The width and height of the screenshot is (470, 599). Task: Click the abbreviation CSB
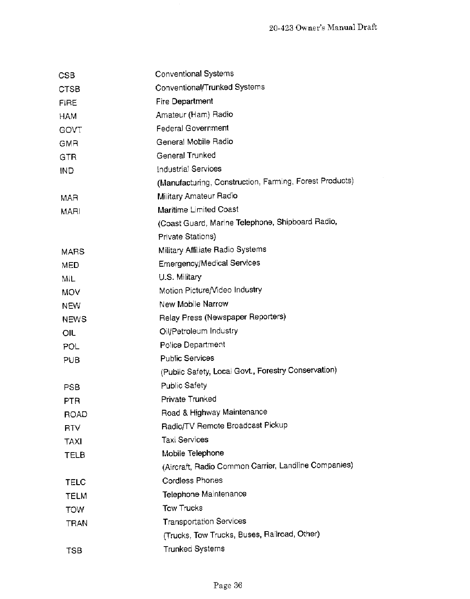coord(67,76)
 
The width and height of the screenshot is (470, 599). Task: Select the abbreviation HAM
coord(68,116)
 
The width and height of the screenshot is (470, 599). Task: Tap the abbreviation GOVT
coord(70,130)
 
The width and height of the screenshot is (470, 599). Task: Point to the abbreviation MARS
coord(73,252)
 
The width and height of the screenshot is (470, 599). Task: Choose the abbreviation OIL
coord(69,333)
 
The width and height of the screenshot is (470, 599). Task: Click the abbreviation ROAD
coord(75,414)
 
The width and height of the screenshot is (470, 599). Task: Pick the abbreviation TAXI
coord(73,441)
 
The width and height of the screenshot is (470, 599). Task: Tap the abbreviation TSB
coord(74,550)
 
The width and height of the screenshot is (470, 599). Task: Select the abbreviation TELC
coord(75,482)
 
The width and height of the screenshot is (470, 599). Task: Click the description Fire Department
coord(184,101)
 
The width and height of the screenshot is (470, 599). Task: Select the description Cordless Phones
coord(192,481)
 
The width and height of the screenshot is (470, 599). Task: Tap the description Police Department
coord(192,345)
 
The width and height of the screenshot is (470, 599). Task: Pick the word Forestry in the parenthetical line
coord(271,371)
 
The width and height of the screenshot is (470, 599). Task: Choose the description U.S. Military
coord(180,277)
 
